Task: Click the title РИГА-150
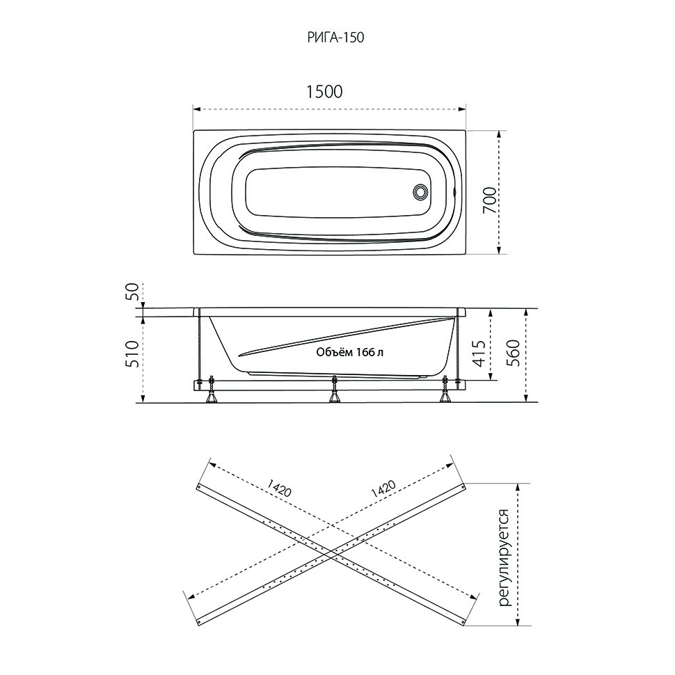[x=336, y=38]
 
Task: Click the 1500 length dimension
[x=324, y=92]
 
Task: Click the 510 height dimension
[x=134, y=354]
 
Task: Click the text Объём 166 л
[x=349, y=353]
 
